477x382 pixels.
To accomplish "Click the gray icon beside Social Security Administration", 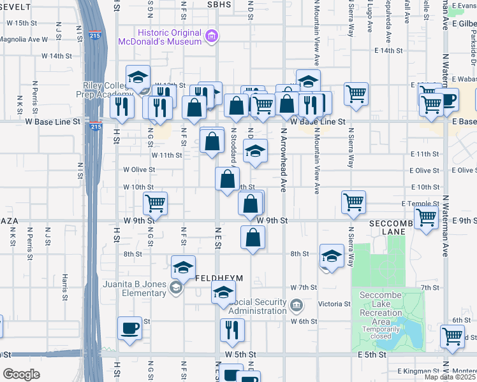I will click(x=296, y=306).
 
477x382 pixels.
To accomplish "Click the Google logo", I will click(x=22, y=374).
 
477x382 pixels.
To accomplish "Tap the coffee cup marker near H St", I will click(x=130, y=329).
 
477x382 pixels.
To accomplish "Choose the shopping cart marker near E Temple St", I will click(x=353, y=202).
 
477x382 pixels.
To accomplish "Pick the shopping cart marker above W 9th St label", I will click(x=155, y=203).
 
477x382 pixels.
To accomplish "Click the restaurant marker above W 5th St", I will click(x=231, y=329).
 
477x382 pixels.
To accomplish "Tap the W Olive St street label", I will click(x=140, y=169).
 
